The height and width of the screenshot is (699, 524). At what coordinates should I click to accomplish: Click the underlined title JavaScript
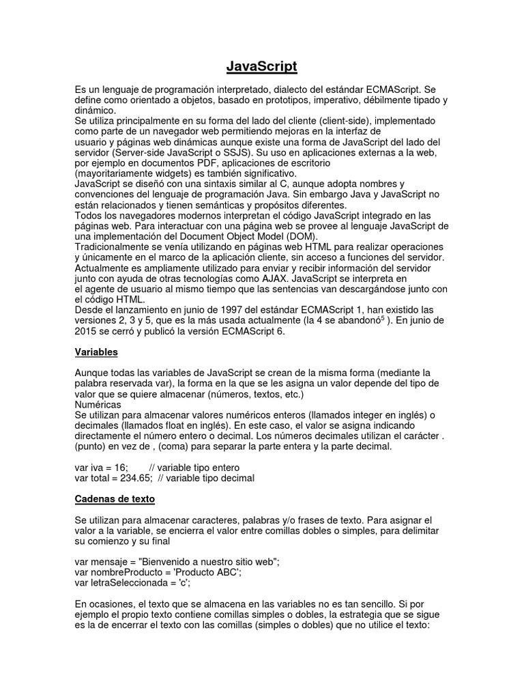pos(262,66)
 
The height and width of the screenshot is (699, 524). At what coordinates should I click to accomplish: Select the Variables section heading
pos(96,352)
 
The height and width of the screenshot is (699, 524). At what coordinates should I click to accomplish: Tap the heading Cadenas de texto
pos(115,499)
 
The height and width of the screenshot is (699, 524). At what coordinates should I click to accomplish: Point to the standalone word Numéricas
pos(98,405)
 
